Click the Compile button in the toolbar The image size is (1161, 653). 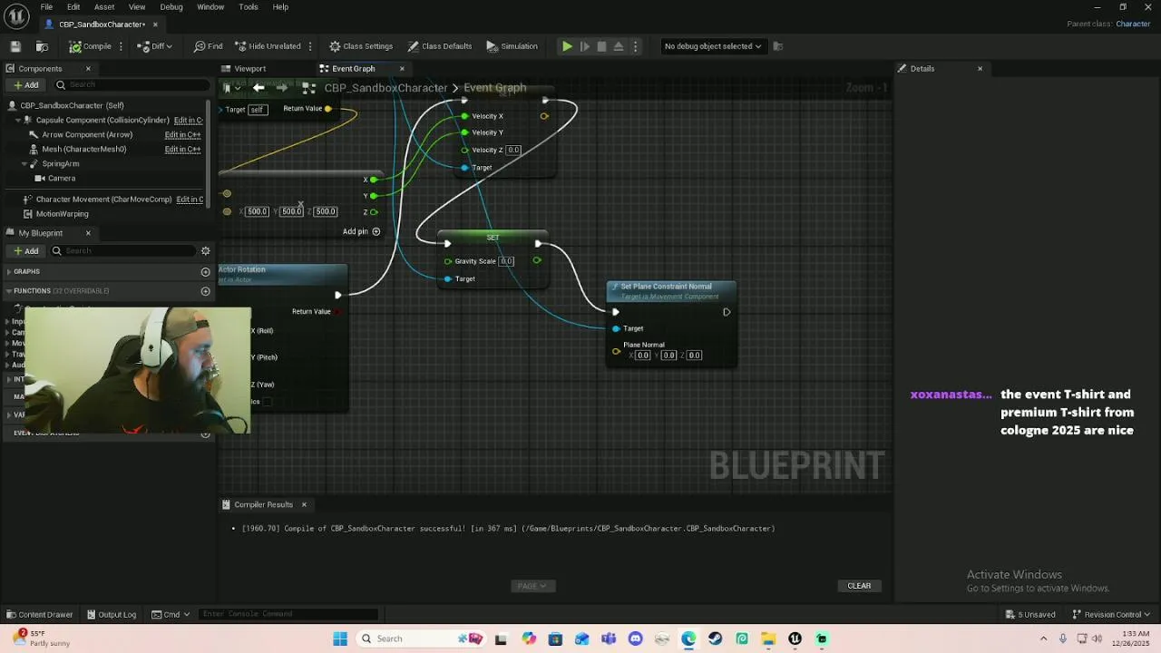[91, 46]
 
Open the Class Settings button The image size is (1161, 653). [361, 46]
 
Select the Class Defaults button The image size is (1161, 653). [440, 46]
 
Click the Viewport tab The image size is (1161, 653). [249, 69]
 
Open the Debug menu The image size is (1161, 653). [171, 7]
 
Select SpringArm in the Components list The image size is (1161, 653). [61, 164]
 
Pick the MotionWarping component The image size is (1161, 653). [62, 214]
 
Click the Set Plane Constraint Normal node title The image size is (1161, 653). [666, 287]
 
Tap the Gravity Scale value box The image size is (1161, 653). [506, 261]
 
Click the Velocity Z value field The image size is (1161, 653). [513, 151]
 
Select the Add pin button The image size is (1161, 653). [361, 231]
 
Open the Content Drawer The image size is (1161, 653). [40, 614]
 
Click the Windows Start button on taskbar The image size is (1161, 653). [340, 638]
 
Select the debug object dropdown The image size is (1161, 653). [713, 46]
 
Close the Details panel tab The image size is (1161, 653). [980, 69]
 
